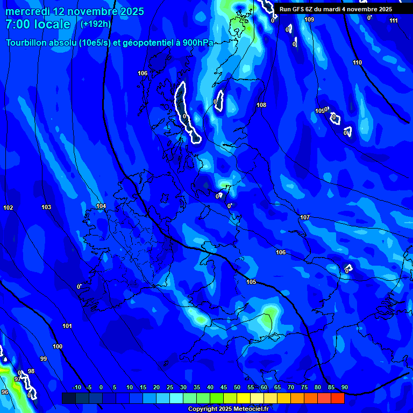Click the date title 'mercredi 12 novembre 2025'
(75, 11)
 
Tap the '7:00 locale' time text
(38, 25)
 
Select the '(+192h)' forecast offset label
(96, 24)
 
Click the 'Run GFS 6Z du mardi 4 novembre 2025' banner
(336, 9)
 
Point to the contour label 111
(394, 20)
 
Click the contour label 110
(358, 62)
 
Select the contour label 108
(261, 105)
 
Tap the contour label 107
(305, 217)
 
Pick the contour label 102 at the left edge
(8, 208)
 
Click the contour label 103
(47, 207)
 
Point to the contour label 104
(101, 206)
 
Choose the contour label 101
(67, 326)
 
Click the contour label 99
(44, 359)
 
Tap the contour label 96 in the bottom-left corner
(5, 392)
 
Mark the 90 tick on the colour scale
(344, 388)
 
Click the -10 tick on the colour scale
(77, 388)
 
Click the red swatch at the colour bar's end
(337, 398)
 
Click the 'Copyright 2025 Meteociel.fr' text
(228, 409)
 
